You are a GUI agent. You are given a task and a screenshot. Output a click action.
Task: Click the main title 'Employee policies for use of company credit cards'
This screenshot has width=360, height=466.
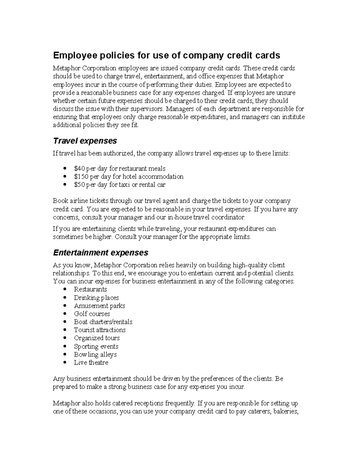[x=166, y=56]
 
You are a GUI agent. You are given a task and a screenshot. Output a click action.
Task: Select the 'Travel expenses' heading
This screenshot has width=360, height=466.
[x=85, y=141]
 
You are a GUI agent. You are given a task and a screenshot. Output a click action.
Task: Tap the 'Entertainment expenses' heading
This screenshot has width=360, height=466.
[x=100, y=253]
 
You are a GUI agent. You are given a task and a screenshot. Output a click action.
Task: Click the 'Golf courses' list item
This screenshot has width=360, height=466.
[x=92, y=314]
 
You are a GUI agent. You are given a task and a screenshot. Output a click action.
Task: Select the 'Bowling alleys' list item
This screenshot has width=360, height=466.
[x=95, y=354]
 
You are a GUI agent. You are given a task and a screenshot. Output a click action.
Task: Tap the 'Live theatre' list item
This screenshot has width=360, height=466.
[x=91, y=362]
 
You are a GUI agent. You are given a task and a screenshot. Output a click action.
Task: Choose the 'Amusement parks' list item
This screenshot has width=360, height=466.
[x=99, y=306]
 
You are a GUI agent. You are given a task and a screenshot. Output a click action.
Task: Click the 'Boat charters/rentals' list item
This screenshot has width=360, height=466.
[x=103, y=322]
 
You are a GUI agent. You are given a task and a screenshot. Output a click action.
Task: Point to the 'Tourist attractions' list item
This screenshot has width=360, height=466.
[x=100, y=330]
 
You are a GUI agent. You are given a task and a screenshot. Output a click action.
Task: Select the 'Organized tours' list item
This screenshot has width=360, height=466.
[x=97, y=338]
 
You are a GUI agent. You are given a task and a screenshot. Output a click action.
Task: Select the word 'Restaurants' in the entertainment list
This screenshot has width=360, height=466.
[x=90, y=290]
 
